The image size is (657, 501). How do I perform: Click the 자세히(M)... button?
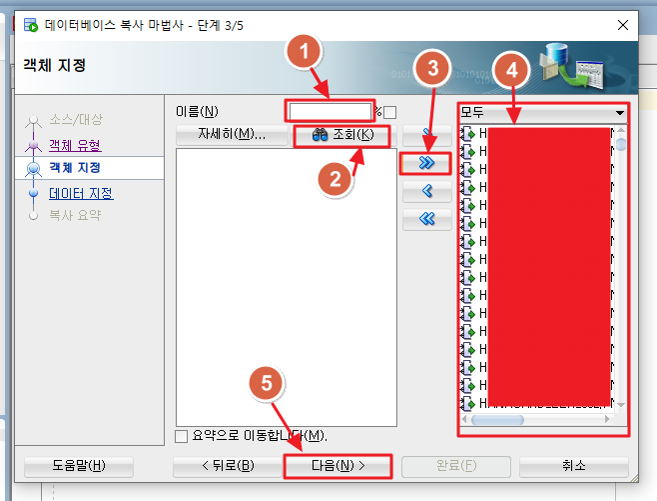[231, 135]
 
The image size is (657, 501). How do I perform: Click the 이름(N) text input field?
[329, 110]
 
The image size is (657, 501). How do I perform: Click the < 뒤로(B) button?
[228, 465]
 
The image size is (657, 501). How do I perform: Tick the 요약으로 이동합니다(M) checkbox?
[181, 436]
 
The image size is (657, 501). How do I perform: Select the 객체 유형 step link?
[75, 145]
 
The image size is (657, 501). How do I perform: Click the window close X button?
[623, 24]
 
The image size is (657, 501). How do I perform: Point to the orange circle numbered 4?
[511, 71]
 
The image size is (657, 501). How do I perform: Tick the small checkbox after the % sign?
[390, 112]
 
